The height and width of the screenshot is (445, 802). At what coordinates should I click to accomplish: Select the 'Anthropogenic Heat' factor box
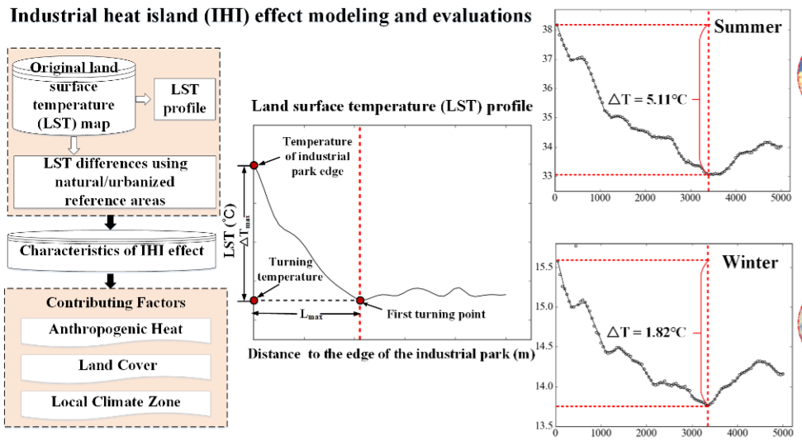tap(116, 329)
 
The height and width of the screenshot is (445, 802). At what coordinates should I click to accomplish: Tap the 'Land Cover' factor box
tap(116, 365)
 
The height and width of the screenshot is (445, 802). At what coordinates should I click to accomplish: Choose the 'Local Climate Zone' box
tap(116, 402)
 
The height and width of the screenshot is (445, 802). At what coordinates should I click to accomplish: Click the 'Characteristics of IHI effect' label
tap(112, 250)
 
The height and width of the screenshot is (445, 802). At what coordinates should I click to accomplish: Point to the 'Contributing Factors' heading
tap(116, 303)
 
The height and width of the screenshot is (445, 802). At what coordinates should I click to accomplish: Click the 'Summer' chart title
tap(747, 26)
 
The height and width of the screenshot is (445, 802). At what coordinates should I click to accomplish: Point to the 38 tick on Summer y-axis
tap(545, 29)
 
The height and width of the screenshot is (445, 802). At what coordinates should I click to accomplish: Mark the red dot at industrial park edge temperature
tap(254, 165)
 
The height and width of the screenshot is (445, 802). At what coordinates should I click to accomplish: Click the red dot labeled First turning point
tap(360, 301)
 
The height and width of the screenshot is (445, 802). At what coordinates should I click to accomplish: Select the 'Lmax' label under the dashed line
tap(306, 315)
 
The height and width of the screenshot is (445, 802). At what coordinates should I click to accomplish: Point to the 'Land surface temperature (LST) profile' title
tap(392, 107)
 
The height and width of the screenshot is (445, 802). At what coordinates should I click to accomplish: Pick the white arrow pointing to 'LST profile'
tap(142, 99)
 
